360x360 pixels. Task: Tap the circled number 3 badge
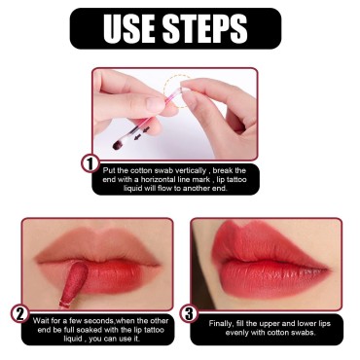pyautogui.click(x=189, y=313)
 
